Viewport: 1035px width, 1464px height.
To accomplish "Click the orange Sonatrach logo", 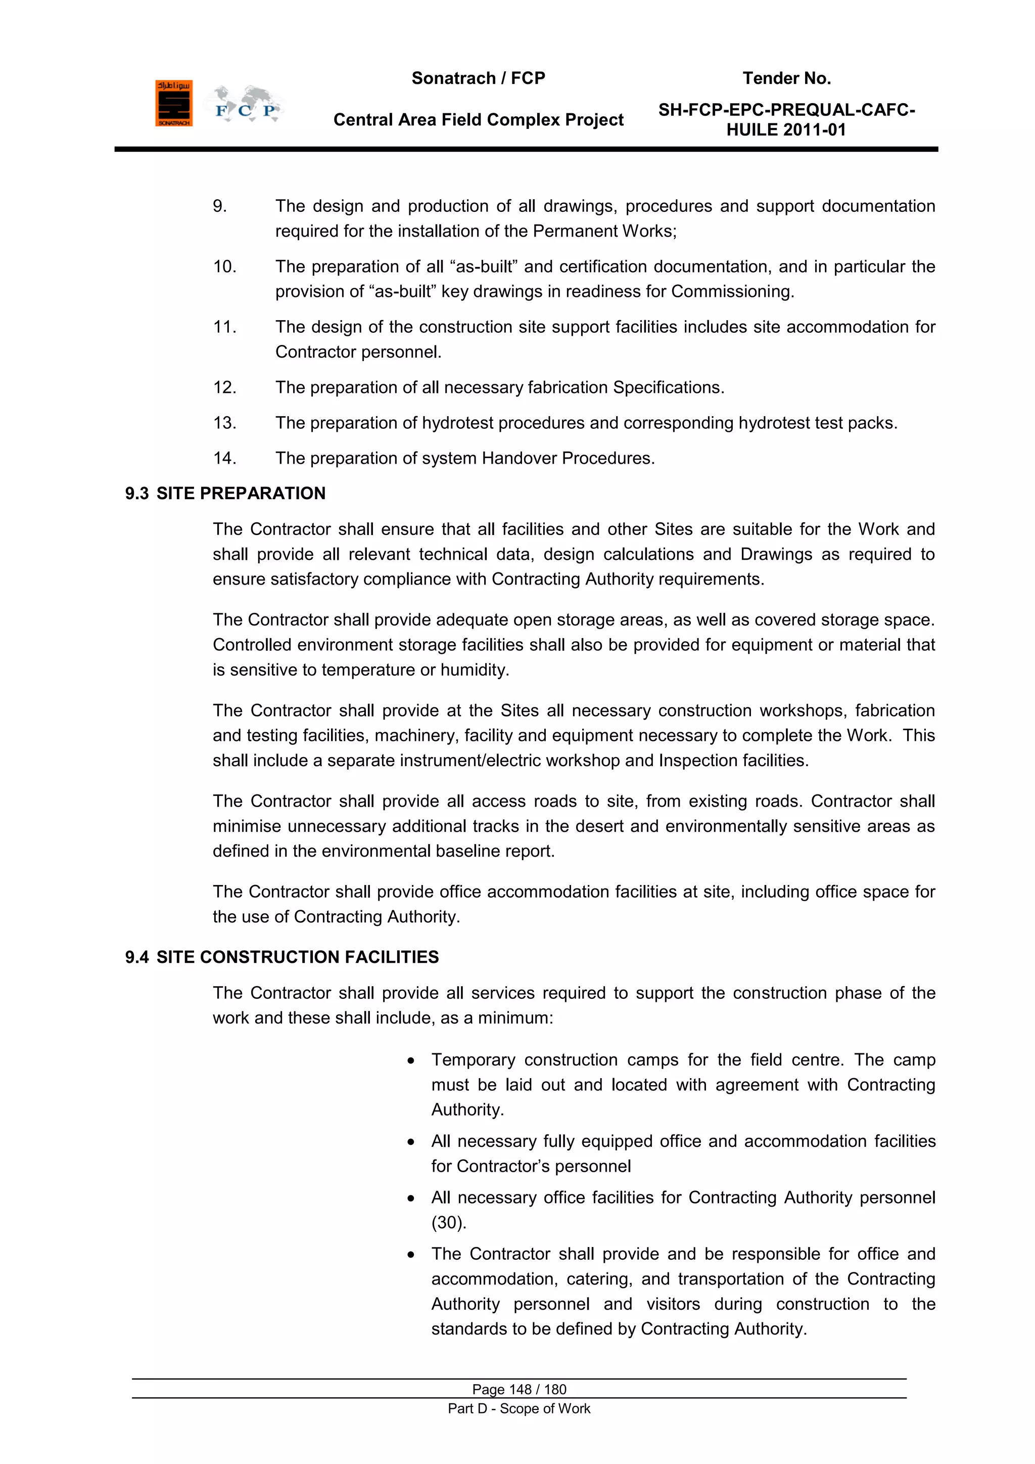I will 173,103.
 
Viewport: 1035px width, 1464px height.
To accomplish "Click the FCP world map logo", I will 245,105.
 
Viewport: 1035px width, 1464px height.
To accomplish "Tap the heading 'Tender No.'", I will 786,78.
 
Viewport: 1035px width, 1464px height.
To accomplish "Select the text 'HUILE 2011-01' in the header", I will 786,130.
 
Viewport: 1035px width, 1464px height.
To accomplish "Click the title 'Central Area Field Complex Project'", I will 478,120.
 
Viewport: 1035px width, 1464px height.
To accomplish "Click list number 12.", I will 224,388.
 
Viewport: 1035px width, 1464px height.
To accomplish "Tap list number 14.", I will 224,459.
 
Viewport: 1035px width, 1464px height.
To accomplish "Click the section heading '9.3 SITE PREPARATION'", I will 225,494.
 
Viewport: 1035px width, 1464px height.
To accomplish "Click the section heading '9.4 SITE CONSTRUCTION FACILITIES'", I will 281,957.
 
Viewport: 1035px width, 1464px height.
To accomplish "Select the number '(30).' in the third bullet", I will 449,1223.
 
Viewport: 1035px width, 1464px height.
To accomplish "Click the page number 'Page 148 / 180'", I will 519,1389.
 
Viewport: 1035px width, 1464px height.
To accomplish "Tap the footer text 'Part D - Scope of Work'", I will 519,1408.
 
